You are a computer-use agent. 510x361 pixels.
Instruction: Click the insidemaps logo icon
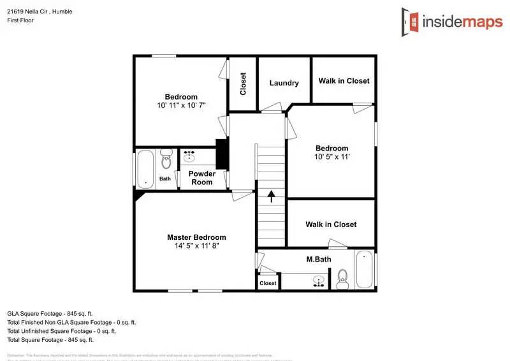coord(411,22)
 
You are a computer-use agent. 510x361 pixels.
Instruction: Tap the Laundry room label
coord(284,83)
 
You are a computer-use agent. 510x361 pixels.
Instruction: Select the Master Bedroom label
coord(196,237)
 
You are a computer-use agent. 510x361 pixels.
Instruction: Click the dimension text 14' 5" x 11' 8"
coord(196,246)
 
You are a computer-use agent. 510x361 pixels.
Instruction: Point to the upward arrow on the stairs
coord(271,196)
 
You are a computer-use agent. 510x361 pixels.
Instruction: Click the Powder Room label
coord(202,177)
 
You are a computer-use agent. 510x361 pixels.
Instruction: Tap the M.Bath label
coord(317,260)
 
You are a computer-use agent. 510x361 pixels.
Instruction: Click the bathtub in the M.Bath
coord(364,269)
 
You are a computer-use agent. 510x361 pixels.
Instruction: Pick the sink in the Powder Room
coord(189,155)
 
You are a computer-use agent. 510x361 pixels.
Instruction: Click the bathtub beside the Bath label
coord(146,168)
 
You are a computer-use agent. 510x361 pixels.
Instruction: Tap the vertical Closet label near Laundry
coord(243,84)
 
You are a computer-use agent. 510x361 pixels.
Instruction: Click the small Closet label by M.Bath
coord(268,283)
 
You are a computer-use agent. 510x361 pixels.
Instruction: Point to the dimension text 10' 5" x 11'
coord(332,156)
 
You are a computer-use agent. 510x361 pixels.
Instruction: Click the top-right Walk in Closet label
coord(344,81)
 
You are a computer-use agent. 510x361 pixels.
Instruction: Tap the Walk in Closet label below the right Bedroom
coord(331,225)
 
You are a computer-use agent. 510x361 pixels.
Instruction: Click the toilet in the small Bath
coord(166,157)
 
